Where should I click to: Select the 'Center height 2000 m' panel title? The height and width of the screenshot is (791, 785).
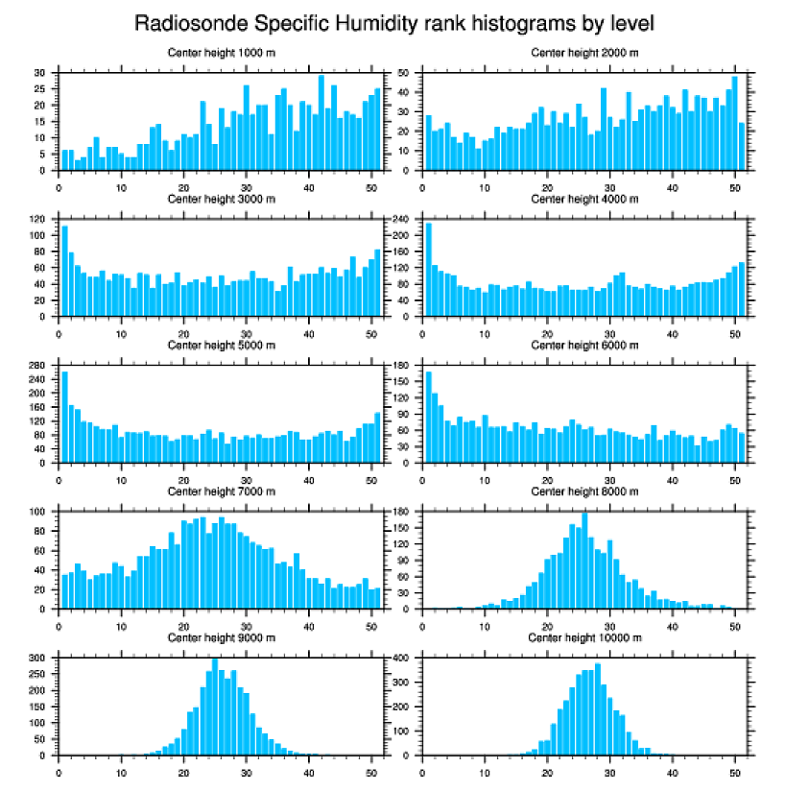point(584,52)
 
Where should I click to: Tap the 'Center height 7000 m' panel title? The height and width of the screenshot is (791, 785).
point(222,491)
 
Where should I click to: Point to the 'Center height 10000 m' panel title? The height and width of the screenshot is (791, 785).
point(584,637)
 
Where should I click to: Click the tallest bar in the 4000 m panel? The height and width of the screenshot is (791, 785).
point(428,270)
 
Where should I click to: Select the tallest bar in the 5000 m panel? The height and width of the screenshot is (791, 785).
point(65,418)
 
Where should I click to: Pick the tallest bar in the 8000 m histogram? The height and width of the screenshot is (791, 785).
point(584,561)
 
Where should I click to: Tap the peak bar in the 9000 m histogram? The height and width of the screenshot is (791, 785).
point(215,707)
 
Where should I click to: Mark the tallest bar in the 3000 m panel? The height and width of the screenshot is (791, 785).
point(65,271)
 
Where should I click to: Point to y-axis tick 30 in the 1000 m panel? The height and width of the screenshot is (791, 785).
point(40,73)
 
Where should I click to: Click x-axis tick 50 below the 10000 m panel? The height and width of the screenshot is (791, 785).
point(734,770)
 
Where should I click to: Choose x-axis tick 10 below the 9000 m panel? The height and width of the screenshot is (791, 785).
point(121,770)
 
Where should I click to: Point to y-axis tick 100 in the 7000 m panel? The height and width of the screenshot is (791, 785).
point(38,512)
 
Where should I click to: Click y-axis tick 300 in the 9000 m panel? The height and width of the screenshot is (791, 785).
point(38,659)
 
